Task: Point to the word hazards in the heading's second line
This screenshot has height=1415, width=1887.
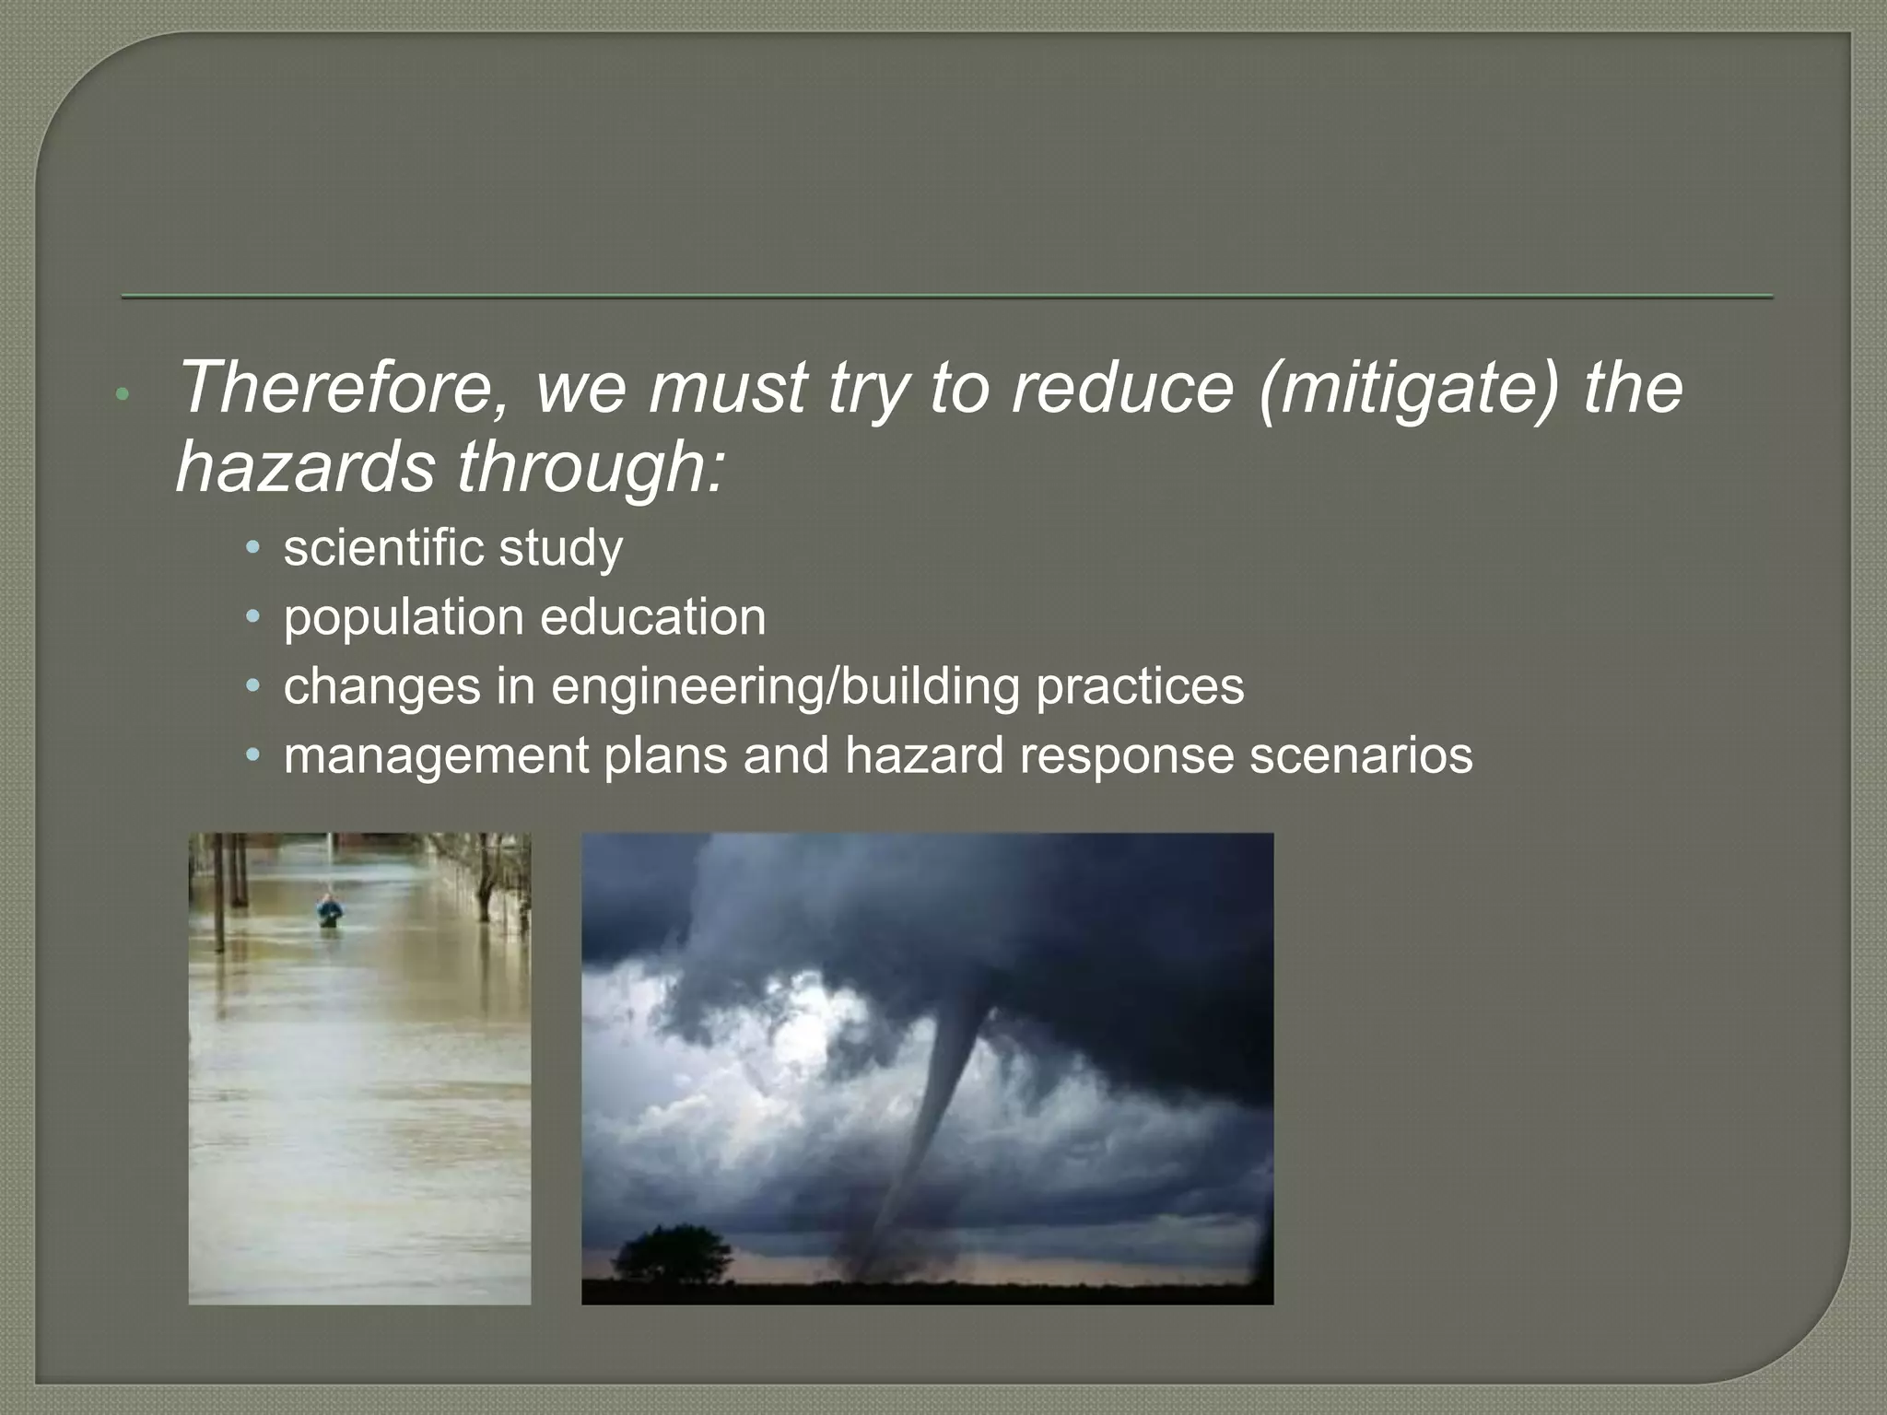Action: (x=304, y=467)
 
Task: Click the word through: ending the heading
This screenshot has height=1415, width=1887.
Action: (x=591, y=467)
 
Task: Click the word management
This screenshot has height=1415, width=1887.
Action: (x=435, y=755)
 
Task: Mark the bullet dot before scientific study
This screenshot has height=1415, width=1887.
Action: (x=253, y=548)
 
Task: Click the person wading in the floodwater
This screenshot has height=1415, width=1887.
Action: (x=329, y=912)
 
